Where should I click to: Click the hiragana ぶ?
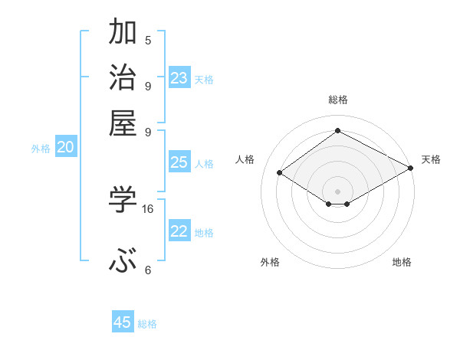pos(123,263)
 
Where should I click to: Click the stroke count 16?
pos(148,208)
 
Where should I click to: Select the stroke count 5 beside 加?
pos(148,40)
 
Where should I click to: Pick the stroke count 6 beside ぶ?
pos(148,270)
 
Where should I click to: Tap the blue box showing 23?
pos(179,78)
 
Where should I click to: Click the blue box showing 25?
pos(179,162)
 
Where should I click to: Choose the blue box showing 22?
pos(179,231)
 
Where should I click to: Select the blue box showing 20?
pos(65,148)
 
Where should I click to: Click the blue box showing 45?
pos(123,322)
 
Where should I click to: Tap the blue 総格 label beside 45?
pos(147,324)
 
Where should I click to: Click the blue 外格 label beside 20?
pos(41,149)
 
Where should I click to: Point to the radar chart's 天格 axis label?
pos(431,159)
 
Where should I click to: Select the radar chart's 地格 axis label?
pos(402,262)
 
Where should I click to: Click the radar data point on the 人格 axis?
pos(280,173)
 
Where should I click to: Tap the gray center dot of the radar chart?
pos(337,191)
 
